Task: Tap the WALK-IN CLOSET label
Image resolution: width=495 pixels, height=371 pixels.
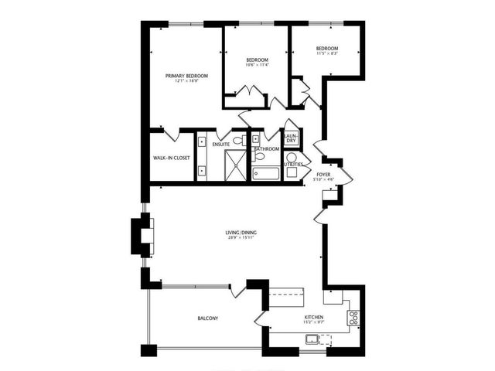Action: point(172,158)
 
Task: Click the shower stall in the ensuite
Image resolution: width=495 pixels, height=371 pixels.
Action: point(235,164)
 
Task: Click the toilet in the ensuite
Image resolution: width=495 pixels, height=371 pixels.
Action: point(241,141)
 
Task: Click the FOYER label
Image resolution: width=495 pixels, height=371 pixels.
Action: point(324,175)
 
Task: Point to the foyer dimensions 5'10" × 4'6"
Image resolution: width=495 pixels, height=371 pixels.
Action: point(324,181)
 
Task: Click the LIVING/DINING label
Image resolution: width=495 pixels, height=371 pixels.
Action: point(241,232)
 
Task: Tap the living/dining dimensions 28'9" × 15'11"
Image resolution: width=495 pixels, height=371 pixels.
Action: point(241,238)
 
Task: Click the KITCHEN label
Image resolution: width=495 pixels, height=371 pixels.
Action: point(313,318)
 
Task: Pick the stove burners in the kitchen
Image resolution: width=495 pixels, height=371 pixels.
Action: point(353,316)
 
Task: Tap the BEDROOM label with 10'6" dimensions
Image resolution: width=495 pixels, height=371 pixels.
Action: point(258,60)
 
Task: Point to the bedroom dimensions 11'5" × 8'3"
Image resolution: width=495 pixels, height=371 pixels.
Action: point(328,53)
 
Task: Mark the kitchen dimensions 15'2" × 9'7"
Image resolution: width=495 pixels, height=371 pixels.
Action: point(313,323)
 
